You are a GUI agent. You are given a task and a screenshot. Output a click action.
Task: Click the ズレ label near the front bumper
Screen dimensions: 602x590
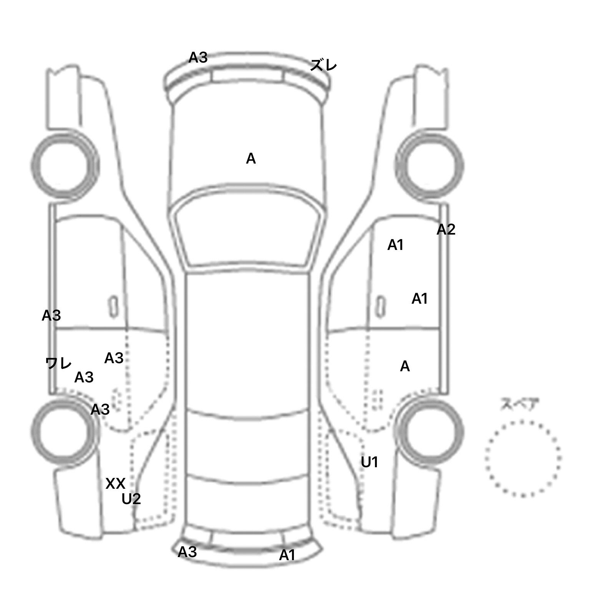click(x=323, y=66)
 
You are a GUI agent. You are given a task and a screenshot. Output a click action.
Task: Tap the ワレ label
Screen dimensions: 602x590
click(x=58, y=363)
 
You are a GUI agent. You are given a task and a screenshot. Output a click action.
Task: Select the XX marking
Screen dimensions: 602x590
click(x=115, y=484)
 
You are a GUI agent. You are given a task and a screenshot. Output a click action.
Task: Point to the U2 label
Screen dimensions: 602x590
click(x=131, y=499)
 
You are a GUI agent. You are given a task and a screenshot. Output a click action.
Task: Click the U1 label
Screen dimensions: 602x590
click(x=370, y=462)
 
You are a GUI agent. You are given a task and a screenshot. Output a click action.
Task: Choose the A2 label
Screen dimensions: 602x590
click(x=446, y=230)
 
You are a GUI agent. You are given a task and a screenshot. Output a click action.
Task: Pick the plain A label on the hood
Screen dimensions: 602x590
click(x=251, y=159)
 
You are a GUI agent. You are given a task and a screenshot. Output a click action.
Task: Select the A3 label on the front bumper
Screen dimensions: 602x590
click(x=198, y=58)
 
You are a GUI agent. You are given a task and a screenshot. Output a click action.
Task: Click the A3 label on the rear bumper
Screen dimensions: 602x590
click(x=187, y=552)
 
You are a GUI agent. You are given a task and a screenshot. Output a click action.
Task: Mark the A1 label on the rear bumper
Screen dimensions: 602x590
click(x=287, y=555)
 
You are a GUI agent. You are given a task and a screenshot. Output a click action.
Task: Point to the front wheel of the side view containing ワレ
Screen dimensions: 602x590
click(x=65, y=165)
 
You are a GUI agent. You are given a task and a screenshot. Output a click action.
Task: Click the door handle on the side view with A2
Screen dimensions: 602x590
click(x=380, y=306)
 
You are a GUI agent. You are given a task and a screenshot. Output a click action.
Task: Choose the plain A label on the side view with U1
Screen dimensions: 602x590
click(x=405, y=367)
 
